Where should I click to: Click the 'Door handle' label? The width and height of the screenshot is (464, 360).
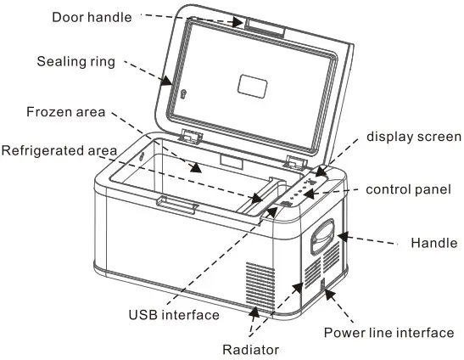point(91,16)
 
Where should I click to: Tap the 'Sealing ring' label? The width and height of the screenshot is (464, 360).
point(75,61)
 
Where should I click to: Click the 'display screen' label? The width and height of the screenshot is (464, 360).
point(413,137)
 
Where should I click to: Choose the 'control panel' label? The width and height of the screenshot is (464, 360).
point(407,190)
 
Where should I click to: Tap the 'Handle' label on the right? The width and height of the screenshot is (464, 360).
point(433,242)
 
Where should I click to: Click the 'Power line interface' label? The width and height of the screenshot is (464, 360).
point(389,333)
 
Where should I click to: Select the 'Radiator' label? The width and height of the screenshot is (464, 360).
point(250,349)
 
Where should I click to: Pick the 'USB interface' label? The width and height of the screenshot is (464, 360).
point(173,314)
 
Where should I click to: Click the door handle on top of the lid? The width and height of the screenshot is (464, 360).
point(266,27)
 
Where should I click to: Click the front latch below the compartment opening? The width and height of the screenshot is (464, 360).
point(177,204)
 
